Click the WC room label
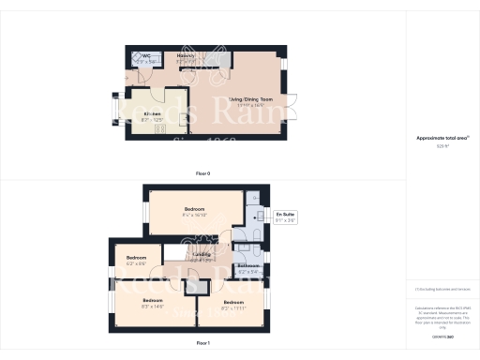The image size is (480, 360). (146, 56)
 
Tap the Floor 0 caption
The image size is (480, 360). (202, 174)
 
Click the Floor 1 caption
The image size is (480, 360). (202, 344)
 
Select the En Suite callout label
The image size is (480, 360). (285, 217)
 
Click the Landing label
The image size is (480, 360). (201, 253)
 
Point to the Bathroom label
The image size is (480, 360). (247, 266)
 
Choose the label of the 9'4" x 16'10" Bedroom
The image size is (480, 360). (195, 208)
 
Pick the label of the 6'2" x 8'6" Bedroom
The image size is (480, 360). (137, 258)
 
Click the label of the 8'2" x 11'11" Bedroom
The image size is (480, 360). (232, 303)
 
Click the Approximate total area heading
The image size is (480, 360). (435, 138)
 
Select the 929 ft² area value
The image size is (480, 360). (435, 145)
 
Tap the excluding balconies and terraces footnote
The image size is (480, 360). (435, 290)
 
